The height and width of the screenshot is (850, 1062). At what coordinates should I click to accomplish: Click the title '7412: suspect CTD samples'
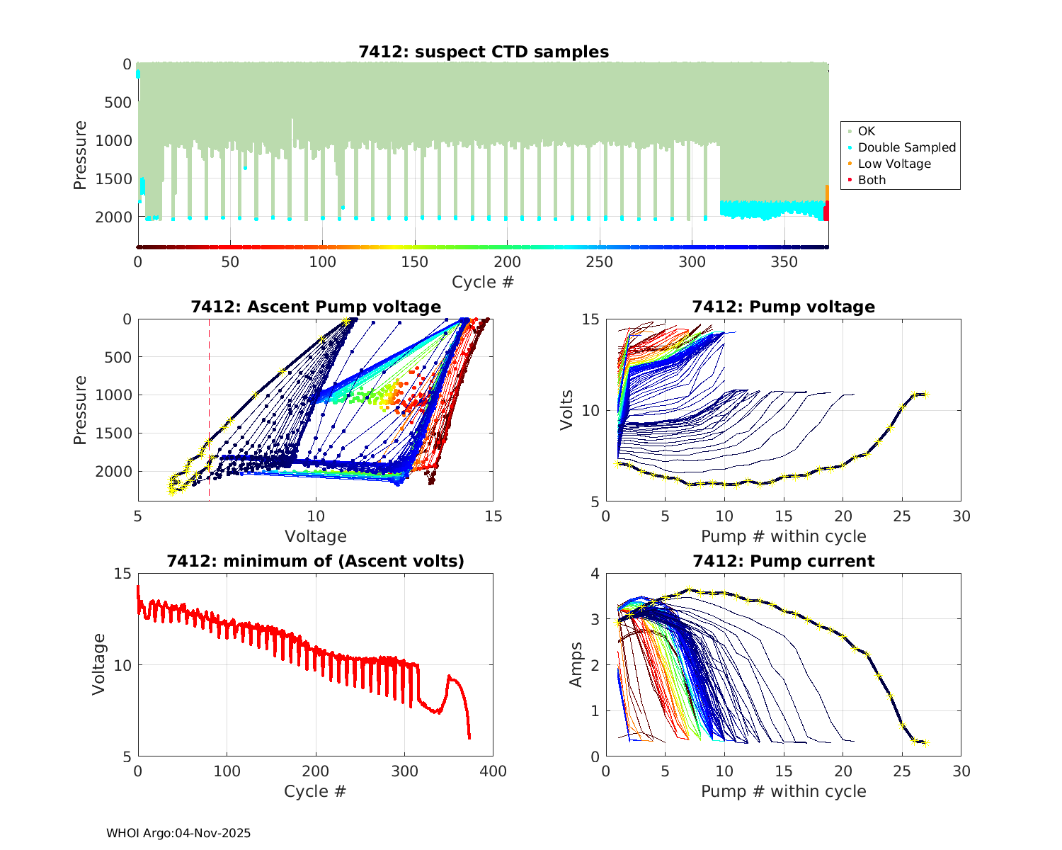click(x=484, y=52)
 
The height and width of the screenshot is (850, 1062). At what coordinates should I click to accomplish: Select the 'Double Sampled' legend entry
click(x=906, y=147)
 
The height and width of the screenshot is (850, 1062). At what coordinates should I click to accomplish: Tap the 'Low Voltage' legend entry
click(x=894, y=164)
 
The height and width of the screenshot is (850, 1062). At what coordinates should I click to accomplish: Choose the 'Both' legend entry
click(x=872, y=180)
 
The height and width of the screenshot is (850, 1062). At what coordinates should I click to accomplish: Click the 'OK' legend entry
click(x=866, y=131)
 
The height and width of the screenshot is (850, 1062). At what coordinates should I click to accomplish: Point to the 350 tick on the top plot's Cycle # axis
click(x=784, y=262)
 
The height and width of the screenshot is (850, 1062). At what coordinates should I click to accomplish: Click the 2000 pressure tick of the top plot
click(x=118, y=217)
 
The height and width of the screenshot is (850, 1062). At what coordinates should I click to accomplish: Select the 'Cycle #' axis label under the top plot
click(x=483, y=283)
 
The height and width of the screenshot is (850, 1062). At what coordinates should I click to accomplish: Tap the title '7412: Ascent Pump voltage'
click(x=316, y=307)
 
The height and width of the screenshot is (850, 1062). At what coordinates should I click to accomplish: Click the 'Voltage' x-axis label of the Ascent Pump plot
click(x=316, y=536)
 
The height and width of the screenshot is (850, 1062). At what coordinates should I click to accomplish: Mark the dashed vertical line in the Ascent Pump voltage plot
click(x=209, y=397)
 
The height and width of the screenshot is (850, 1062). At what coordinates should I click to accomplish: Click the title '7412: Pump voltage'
click(x=783, y=307)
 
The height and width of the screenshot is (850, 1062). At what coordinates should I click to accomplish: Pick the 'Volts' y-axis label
click(x=567, y=411)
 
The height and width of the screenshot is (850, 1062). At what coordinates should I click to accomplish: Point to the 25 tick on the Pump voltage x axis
click(x=902, y=516)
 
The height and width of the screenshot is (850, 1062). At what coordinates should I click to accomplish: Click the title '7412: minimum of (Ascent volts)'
click(x=316, y=561)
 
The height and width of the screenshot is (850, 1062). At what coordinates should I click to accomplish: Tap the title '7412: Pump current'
click(x=783, y=561)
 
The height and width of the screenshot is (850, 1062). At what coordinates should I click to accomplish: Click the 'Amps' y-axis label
click(x=576, y=664)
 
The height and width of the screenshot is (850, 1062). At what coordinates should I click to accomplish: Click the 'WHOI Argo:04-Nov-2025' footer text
click(x=178, y=833)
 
